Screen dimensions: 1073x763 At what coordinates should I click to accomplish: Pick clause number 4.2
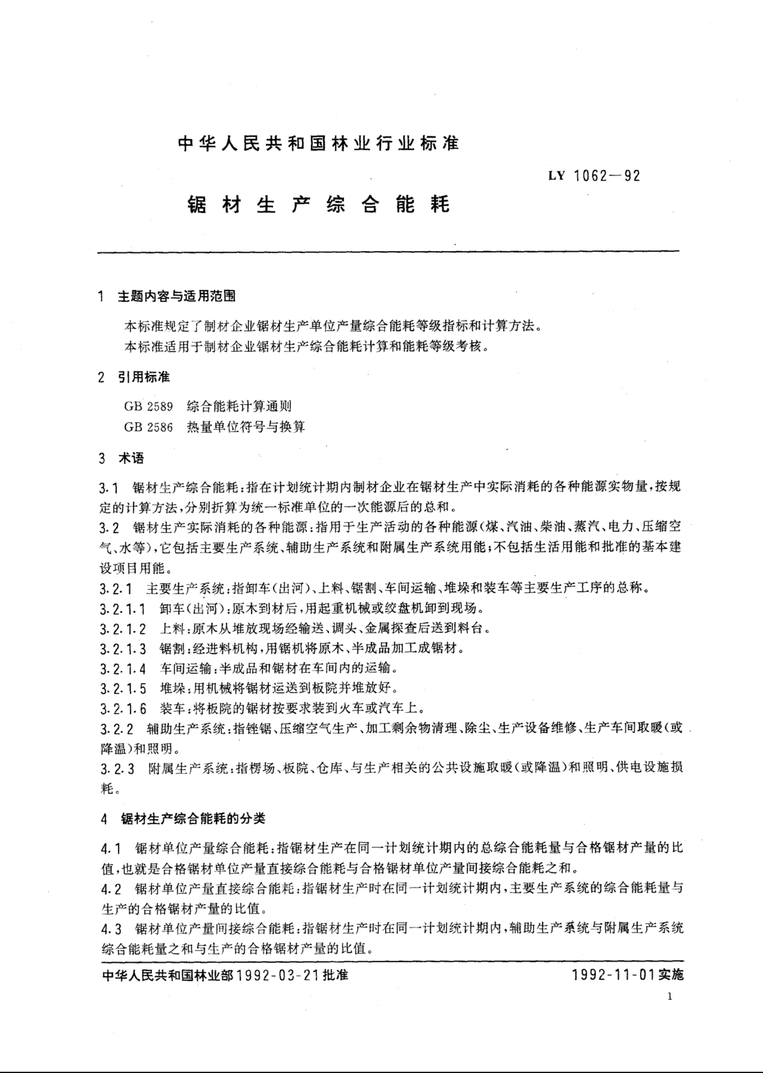click(111, 889)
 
